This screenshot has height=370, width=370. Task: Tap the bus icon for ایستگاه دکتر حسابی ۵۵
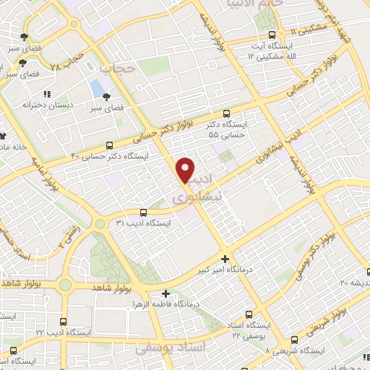coord(227,113)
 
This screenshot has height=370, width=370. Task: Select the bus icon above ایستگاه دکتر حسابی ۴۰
coord(109,145)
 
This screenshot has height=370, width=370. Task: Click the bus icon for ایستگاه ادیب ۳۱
coord(142,212)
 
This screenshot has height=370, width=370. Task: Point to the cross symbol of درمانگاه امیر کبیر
coord(225,259)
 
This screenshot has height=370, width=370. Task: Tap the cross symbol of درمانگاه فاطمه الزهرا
coord(166,294)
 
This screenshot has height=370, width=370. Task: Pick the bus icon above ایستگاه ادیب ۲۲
coord(64,320)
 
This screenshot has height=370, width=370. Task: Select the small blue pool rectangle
coord(96,89)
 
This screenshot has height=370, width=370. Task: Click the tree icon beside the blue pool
coord(108,96)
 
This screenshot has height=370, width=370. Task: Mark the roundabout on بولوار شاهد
coord(66,284)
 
